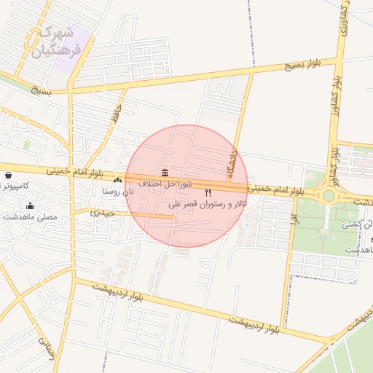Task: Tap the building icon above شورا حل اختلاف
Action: pos(165,173)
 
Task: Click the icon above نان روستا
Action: pos(118,179)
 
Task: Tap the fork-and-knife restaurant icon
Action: pos(208,193)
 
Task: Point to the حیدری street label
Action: pos(102,213)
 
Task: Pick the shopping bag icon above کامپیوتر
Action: pos(8,176)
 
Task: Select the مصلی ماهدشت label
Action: pos(30,217)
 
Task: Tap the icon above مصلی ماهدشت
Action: pos(30,205)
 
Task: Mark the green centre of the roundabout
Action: pos(329,195)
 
